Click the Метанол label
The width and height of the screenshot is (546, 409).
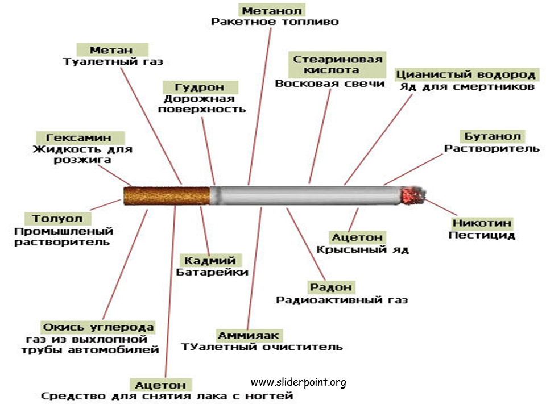[x=272, y=10]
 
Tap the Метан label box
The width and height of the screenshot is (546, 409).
[x=112, y=50]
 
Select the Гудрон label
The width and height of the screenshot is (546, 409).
[x=200, y=87]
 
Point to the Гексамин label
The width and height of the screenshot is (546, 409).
[x=80, y=137]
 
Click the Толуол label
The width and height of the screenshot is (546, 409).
[x=58, y=218]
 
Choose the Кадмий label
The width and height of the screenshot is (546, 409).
[x=210, y=260]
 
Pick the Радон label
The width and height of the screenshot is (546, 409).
[x=331, y=287]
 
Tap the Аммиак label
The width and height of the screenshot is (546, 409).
[x=249, y=335]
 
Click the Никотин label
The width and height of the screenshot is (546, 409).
[x=482, y=223]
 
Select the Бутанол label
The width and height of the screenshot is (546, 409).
[x=493, y=136]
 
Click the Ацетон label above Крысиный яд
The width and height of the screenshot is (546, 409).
[x=358, y=237]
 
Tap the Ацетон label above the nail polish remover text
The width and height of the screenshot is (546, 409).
[x=161, y=385]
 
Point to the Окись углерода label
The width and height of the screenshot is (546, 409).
[x=98, y=327]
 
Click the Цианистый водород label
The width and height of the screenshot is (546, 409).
[x=466, y=74]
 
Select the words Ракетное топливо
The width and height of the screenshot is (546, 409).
[x=275, y=22]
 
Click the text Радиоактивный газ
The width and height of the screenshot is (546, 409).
[x=342, y=300]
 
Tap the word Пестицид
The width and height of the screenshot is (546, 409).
[x=482, y=235]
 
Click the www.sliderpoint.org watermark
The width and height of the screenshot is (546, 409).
[x=299, y=382]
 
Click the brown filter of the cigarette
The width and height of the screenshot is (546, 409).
[x=167, y=196]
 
